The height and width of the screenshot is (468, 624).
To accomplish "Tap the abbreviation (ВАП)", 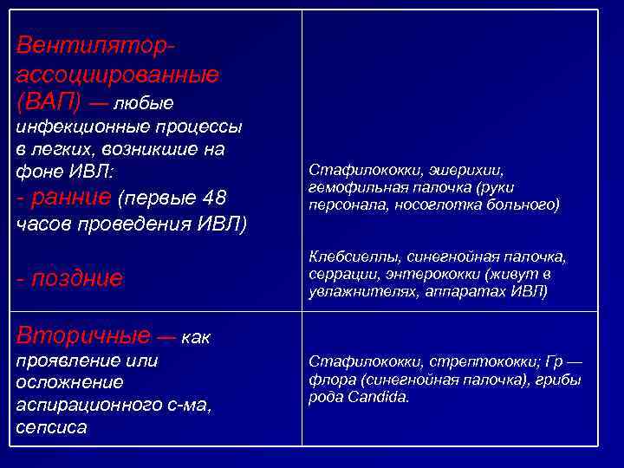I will (x=49, y=102).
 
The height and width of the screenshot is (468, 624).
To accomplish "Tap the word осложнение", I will (x=69, y=382).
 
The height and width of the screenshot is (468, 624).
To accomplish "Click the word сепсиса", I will (x=51, y=427).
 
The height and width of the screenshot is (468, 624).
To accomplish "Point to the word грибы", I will (x=561, y=380).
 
